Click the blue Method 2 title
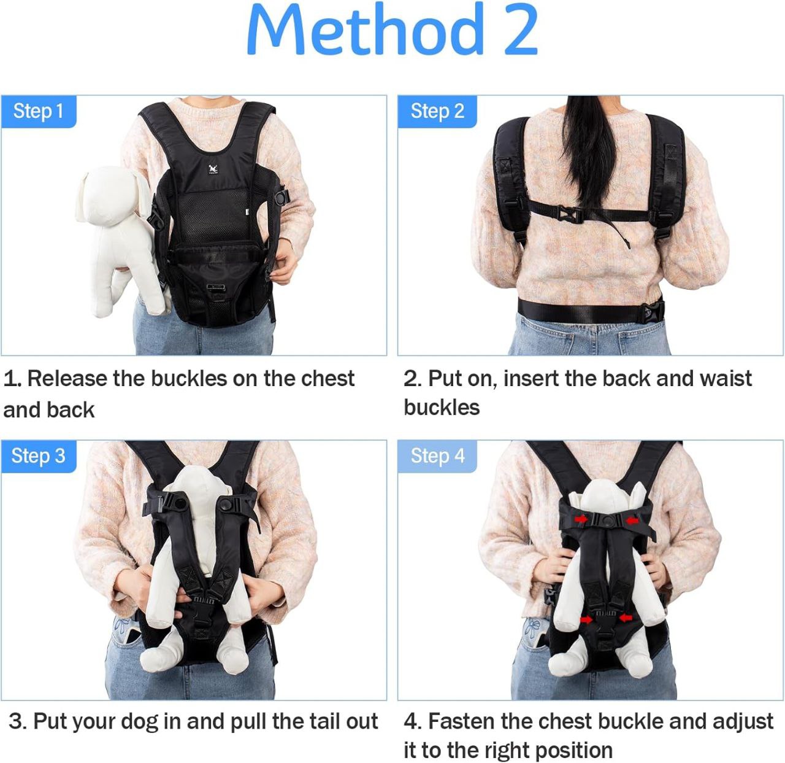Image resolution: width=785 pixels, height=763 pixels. click(392, 29)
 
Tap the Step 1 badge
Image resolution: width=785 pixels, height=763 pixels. click(39, 112)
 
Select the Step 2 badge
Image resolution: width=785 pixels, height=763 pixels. click(437, 112)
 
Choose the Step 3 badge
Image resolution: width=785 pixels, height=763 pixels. click(39, 456)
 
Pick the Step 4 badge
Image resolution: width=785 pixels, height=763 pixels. click(437, 456)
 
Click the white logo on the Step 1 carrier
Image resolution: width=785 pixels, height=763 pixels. click(213, 169)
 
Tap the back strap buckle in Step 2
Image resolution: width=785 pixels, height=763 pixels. click(570, 214)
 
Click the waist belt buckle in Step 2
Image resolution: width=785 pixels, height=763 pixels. click(653, 312)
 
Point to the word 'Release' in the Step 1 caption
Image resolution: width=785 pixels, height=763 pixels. click(67, 379)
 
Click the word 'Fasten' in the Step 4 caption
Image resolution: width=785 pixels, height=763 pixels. click(462, 721)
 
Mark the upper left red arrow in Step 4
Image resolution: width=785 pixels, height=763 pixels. click(581, 519)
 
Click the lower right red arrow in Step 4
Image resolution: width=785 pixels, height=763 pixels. click(626, 618)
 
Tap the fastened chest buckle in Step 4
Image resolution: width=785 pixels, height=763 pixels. click(607, 521)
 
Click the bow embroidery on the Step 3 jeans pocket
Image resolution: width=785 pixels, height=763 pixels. click(120, 626)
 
